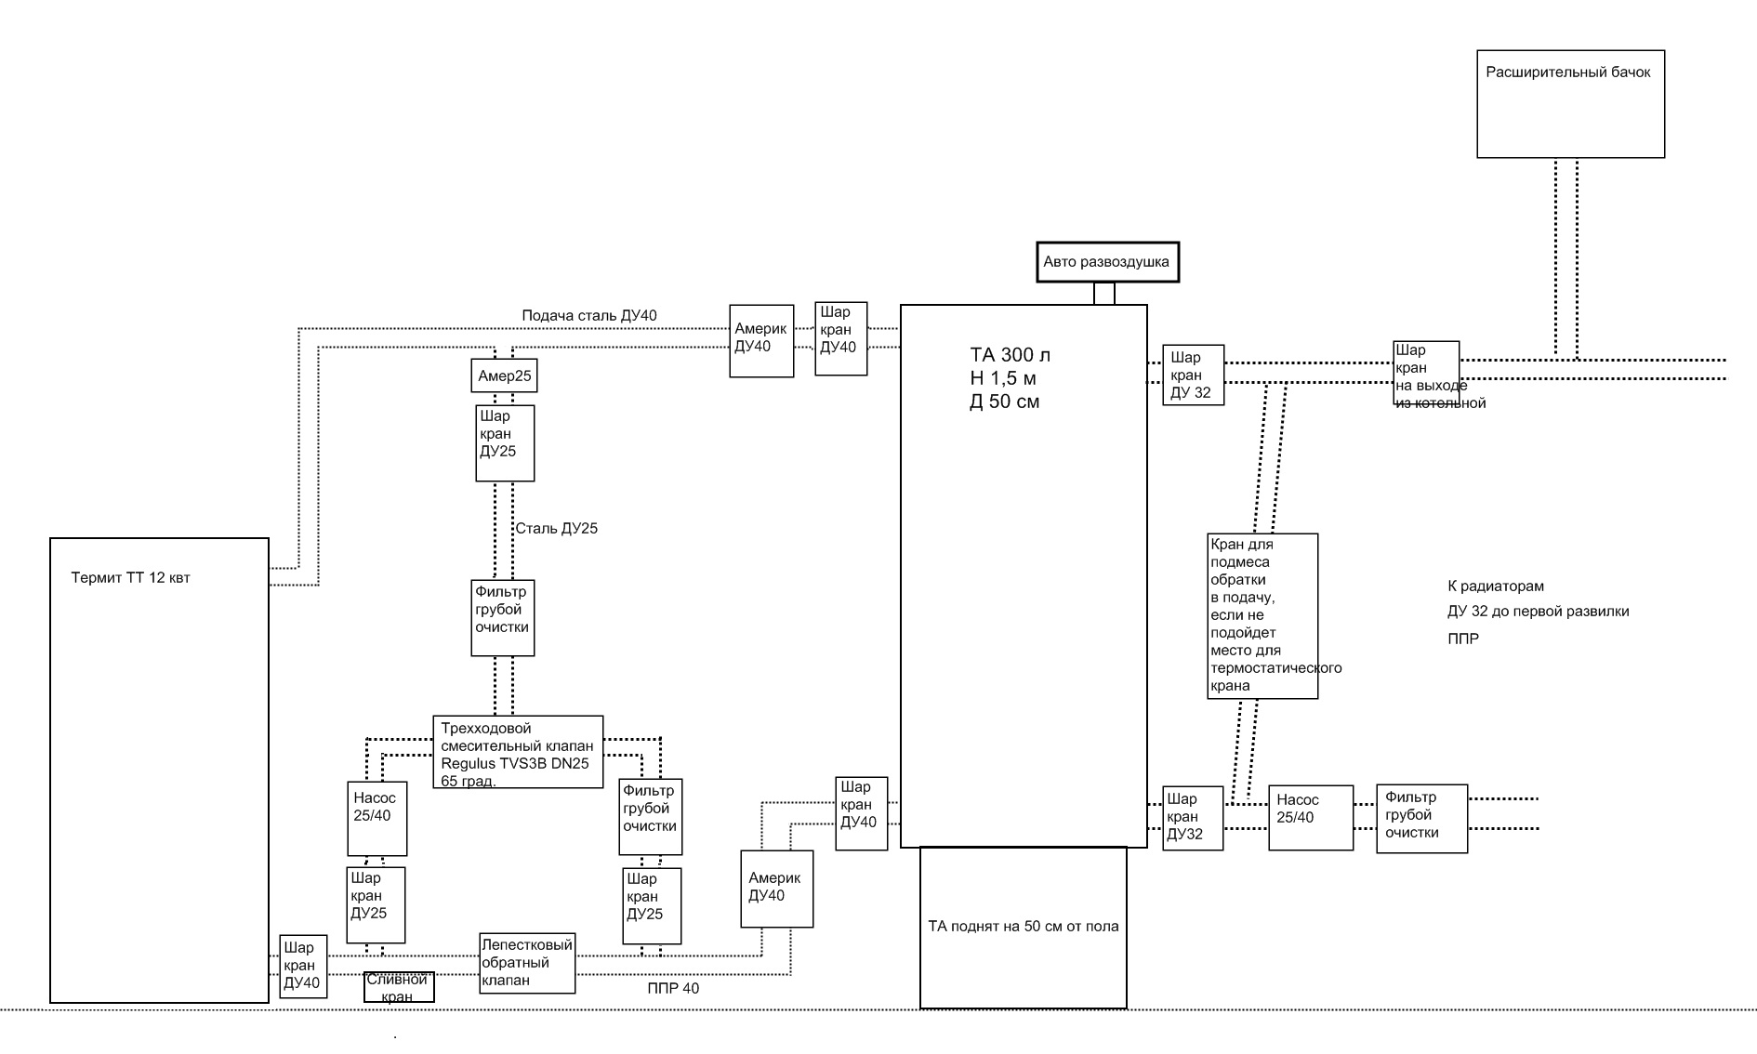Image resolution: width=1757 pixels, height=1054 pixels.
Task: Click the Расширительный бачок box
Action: (1570, 104)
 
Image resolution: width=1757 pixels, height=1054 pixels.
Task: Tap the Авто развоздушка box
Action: (1107, 262)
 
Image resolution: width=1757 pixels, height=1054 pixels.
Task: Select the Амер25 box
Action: (504, 376)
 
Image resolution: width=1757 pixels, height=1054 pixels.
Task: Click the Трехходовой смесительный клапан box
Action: (518, 752)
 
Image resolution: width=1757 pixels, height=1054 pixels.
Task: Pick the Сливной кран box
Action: (399, 987)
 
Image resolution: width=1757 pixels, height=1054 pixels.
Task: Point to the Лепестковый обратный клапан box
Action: (527, 963)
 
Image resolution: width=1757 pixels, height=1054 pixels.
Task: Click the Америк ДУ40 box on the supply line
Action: (761, 340)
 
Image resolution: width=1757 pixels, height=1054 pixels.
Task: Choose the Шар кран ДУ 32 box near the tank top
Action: (1193, 375)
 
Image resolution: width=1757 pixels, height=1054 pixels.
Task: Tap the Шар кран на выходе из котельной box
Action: (1425, 373)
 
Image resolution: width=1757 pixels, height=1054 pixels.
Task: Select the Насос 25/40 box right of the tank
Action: (1311, 817)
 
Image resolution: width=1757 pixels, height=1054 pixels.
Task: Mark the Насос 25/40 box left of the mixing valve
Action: (376, 817)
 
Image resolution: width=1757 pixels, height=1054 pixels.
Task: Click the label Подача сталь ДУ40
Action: (589, 316)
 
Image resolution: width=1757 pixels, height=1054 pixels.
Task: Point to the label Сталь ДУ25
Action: (557, 529)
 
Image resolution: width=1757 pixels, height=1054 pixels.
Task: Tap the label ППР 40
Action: (673, 988)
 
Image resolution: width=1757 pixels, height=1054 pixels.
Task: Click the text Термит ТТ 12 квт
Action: (130, 578)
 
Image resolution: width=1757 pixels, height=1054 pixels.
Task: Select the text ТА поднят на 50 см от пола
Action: (1024, 926)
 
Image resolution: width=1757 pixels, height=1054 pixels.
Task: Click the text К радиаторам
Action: (1495, 586)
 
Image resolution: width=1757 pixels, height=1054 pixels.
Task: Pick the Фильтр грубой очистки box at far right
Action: (1421, 818)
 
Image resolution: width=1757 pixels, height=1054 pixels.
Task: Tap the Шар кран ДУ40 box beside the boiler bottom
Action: (303, 966)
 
